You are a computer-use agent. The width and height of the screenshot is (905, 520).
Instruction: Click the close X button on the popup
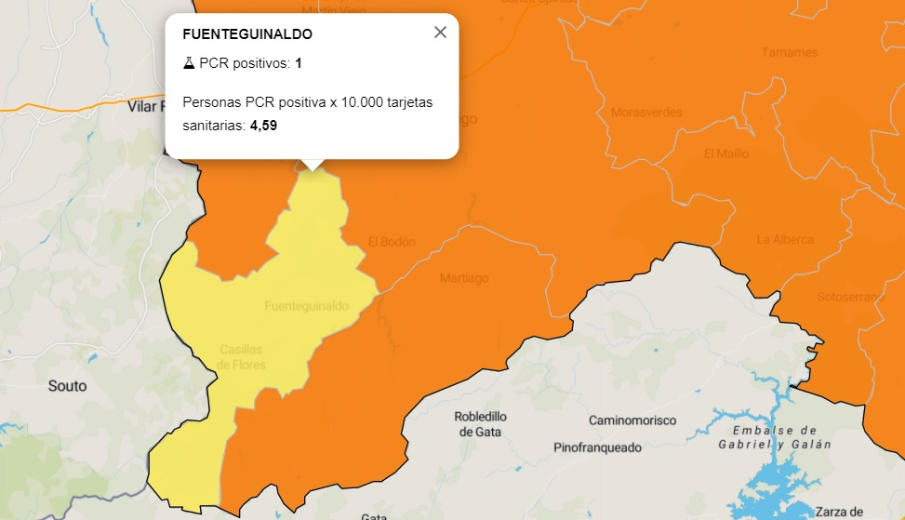tap(440, 33)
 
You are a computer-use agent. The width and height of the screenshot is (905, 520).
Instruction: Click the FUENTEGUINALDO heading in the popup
tap(247, 34)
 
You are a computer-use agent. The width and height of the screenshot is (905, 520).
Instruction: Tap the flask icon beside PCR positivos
tap(189, 63)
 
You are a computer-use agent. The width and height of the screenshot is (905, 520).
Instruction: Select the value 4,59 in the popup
tap(263, 126)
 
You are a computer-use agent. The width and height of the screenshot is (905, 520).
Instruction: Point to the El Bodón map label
tap(392, 242)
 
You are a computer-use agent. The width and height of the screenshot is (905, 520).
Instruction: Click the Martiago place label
tap(464, 278)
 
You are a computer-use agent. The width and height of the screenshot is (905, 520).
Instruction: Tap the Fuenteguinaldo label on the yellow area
tap(307, 306)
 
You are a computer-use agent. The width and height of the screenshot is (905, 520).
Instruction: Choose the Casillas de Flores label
tap(242, 357)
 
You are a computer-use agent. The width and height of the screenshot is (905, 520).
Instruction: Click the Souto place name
tap(67, 385)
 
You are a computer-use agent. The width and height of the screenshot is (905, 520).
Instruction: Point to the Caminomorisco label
tap(632, 420)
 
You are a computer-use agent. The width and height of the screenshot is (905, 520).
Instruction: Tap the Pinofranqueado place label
tap(597, 447)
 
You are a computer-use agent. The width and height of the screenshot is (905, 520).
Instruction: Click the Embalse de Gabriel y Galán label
tap(774, 437)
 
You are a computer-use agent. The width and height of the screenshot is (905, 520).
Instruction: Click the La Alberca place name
tap(785, 240)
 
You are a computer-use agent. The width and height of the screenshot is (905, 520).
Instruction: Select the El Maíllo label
tap(726, 153)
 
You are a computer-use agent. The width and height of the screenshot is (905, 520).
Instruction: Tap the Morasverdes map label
tap(645, 113)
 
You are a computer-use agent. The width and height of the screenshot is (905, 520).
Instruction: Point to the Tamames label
tap(789, 52)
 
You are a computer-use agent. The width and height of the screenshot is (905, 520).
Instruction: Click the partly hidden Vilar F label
tap(145, 107)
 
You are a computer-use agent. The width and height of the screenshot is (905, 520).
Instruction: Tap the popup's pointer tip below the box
tap(313, 167)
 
